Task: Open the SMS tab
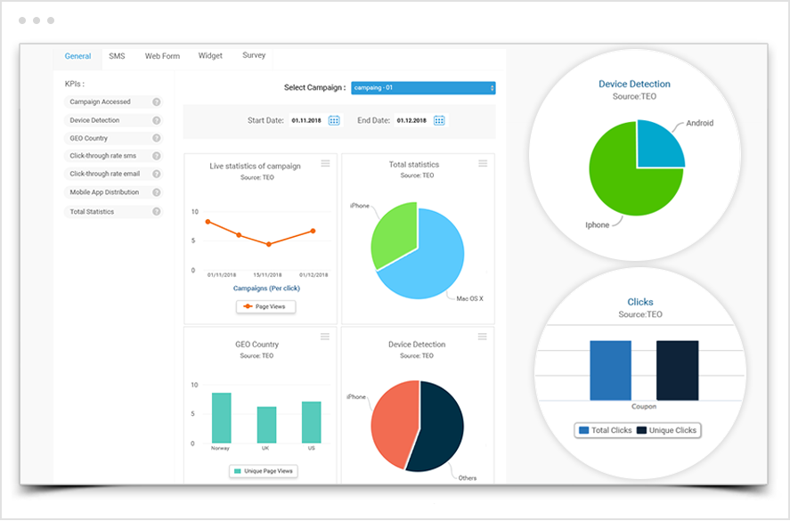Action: (117, 56)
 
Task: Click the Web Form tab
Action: (162, 56)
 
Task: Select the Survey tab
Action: (254, 55)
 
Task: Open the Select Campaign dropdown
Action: (423, 87)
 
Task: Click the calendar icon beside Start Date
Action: (334, 120)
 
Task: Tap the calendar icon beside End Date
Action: (439, 120)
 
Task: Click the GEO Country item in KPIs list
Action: (89, 138)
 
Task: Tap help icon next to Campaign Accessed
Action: (157, 102)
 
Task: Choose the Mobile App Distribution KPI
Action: (103, 192)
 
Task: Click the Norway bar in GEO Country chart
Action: (221, 418)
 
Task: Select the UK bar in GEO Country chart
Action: (266, 425)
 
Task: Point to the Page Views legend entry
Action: (266, 306)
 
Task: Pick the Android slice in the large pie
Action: (659, 146)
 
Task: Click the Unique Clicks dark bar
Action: (678, 370)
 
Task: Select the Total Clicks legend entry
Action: (605, 431)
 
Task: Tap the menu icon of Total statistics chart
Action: (483, 163)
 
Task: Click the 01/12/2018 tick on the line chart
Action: (313, 275)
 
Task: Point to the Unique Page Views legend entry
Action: (264, 471)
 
